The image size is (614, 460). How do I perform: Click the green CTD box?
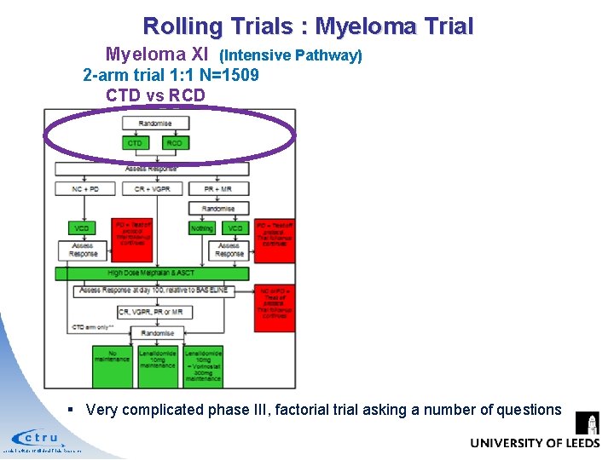135,143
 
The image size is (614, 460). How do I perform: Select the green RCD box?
174,143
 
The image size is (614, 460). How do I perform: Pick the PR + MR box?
219,188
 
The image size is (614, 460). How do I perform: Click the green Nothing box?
202,228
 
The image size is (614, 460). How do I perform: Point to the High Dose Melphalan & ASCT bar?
152,273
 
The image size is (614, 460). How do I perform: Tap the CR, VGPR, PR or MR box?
154,313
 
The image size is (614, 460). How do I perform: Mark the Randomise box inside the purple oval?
154,124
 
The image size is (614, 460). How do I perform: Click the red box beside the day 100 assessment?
275,308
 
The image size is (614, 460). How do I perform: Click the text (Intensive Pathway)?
291,56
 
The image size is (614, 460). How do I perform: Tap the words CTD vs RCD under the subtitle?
155,95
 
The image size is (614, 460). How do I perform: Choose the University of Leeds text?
534,443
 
